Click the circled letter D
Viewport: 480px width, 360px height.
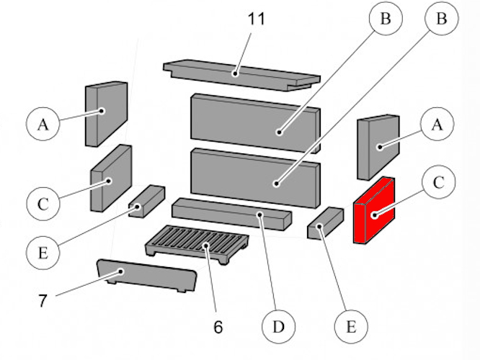point(279,328)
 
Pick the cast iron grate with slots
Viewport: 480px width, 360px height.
point(196,243)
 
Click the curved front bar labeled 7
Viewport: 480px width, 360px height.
point(144,276)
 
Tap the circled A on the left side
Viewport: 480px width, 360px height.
point(43,124)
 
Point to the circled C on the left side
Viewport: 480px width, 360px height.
point(43,204)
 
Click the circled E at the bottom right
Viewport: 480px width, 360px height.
point(351,326)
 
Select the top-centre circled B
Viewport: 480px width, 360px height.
point(386,20)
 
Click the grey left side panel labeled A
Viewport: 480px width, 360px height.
point(106,112)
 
